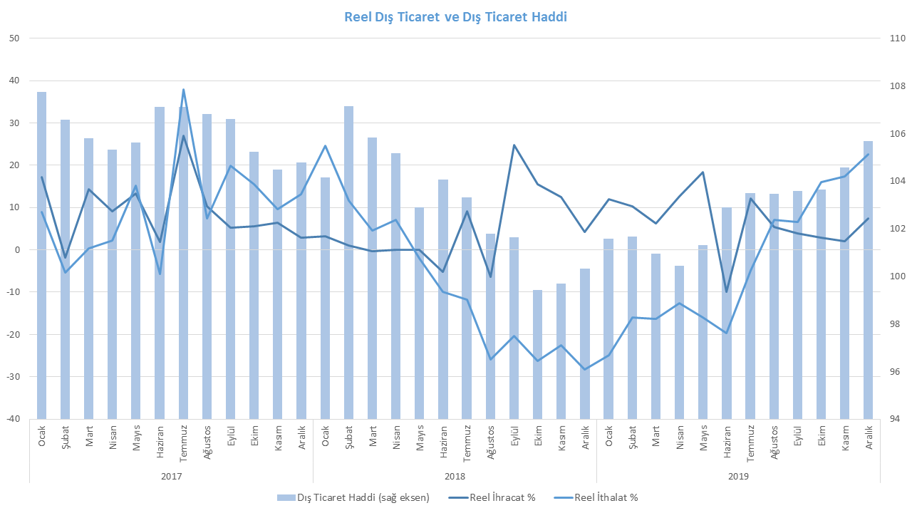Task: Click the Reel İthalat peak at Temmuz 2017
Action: pos(183,90)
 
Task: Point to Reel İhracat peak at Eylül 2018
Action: pos(514,145)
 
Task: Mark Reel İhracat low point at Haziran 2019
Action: pos(726,291)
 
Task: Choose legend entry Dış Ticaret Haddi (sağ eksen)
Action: pos(355,497)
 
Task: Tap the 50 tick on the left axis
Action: pos(14,38)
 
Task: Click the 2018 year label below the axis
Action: pos(455,475)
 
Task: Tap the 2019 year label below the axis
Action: pos(737,475)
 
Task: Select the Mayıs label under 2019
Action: pos(703,435)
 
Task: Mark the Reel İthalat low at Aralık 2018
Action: pos(585,369)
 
